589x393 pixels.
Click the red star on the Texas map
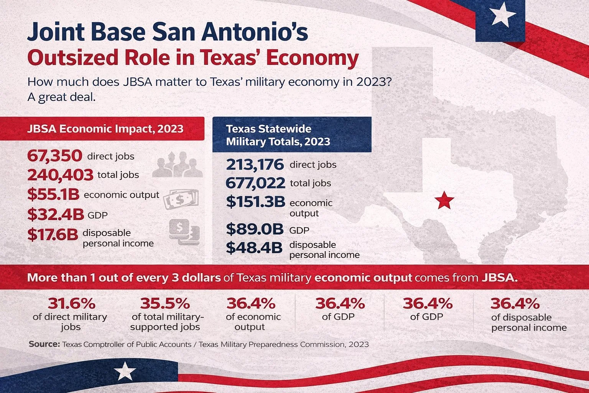(x=444, y=200)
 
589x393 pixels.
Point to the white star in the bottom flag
(x=125, y=372)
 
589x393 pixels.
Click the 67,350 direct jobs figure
(x=54, y=156)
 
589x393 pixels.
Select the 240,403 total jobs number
(x=60, y=175)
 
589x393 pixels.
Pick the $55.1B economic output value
(x=53, y=195)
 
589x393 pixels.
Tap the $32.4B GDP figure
(x=55, y=215)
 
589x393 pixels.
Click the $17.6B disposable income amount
(x=53, y=234)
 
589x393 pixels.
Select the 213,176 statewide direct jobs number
(x=255, y=165)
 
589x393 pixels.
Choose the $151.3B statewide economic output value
(x=255, y=201)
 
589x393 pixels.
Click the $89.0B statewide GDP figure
(x=254, y=229)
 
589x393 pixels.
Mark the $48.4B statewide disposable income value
(x=254, y=248)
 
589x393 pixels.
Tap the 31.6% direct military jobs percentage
(x=71, y=304)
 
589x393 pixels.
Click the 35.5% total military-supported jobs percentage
(x=165, y=304)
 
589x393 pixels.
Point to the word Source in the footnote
(x=44, y=344)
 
